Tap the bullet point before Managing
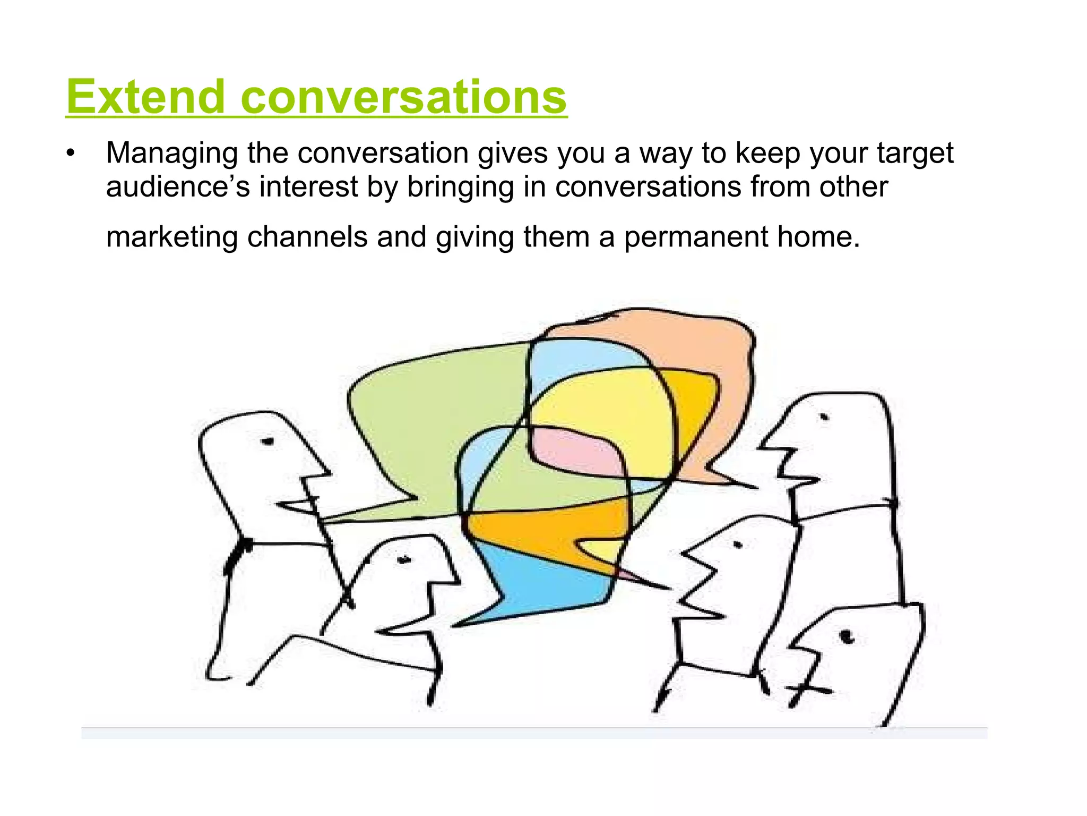tap(71, 154)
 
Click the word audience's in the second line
tap(177, 186)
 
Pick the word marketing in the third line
tap(171, 236)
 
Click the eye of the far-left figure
tap(267, 440)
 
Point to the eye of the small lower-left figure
tap(404, 559)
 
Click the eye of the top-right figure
tap(824, 417)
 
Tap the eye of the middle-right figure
tap(737, 545)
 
